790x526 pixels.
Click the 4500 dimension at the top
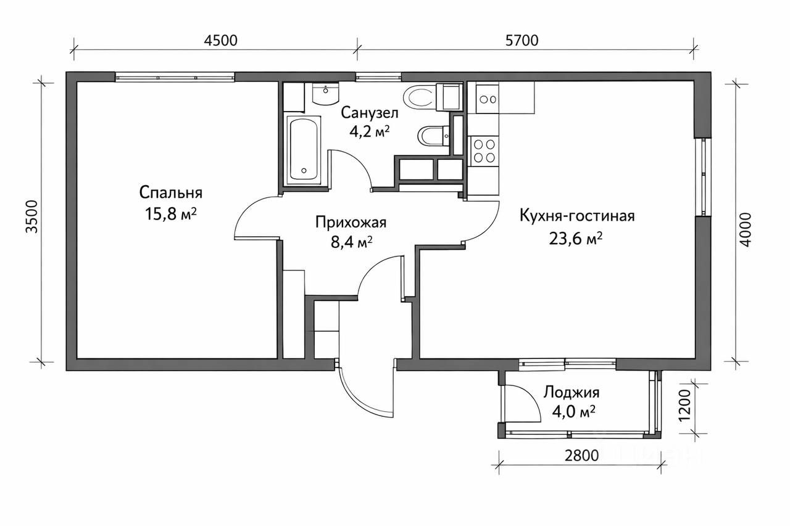click(221, 41)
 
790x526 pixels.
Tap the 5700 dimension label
click(522, 41)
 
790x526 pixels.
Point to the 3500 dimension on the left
click(31, 216)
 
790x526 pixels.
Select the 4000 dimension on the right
click(745, 230)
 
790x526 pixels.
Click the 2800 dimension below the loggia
click(581, 456)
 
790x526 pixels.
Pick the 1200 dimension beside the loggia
click(684, 405)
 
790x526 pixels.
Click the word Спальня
click(171, 193)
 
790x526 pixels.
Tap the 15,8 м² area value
click(171, 214)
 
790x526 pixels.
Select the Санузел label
click(370, 113)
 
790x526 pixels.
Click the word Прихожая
click(351, 223)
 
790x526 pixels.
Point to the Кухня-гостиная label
click(577, 216)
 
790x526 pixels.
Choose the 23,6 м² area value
click(576, 239)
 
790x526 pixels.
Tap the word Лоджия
click(572, 392)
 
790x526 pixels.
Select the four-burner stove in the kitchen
click(484, 151)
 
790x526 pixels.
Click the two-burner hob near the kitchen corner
click(488, 99)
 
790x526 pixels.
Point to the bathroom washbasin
click(325, 94)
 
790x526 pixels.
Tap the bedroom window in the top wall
click(175, 77)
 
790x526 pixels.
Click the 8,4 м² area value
click(351, 242)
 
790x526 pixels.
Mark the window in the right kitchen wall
click(704, 176)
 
